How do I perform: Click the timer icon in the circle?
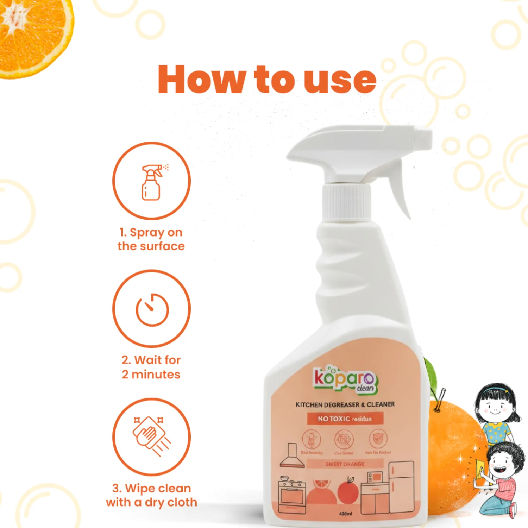152,309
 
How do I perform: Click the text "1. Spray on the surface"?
151,239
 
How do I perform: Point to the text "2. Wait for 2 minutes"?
151,367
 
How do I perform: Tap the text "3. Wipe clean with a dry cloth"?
151,495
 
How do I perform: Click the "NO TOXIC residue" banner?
345,419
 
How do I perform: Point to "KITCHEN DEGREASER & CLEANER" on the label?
345,405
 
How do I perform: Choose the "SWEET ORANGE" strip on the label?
345,464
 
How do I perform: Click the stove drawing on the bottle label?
292,495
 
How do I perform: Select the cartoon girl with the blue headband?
497,412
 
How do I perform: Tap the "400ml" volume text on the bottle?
345,514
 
